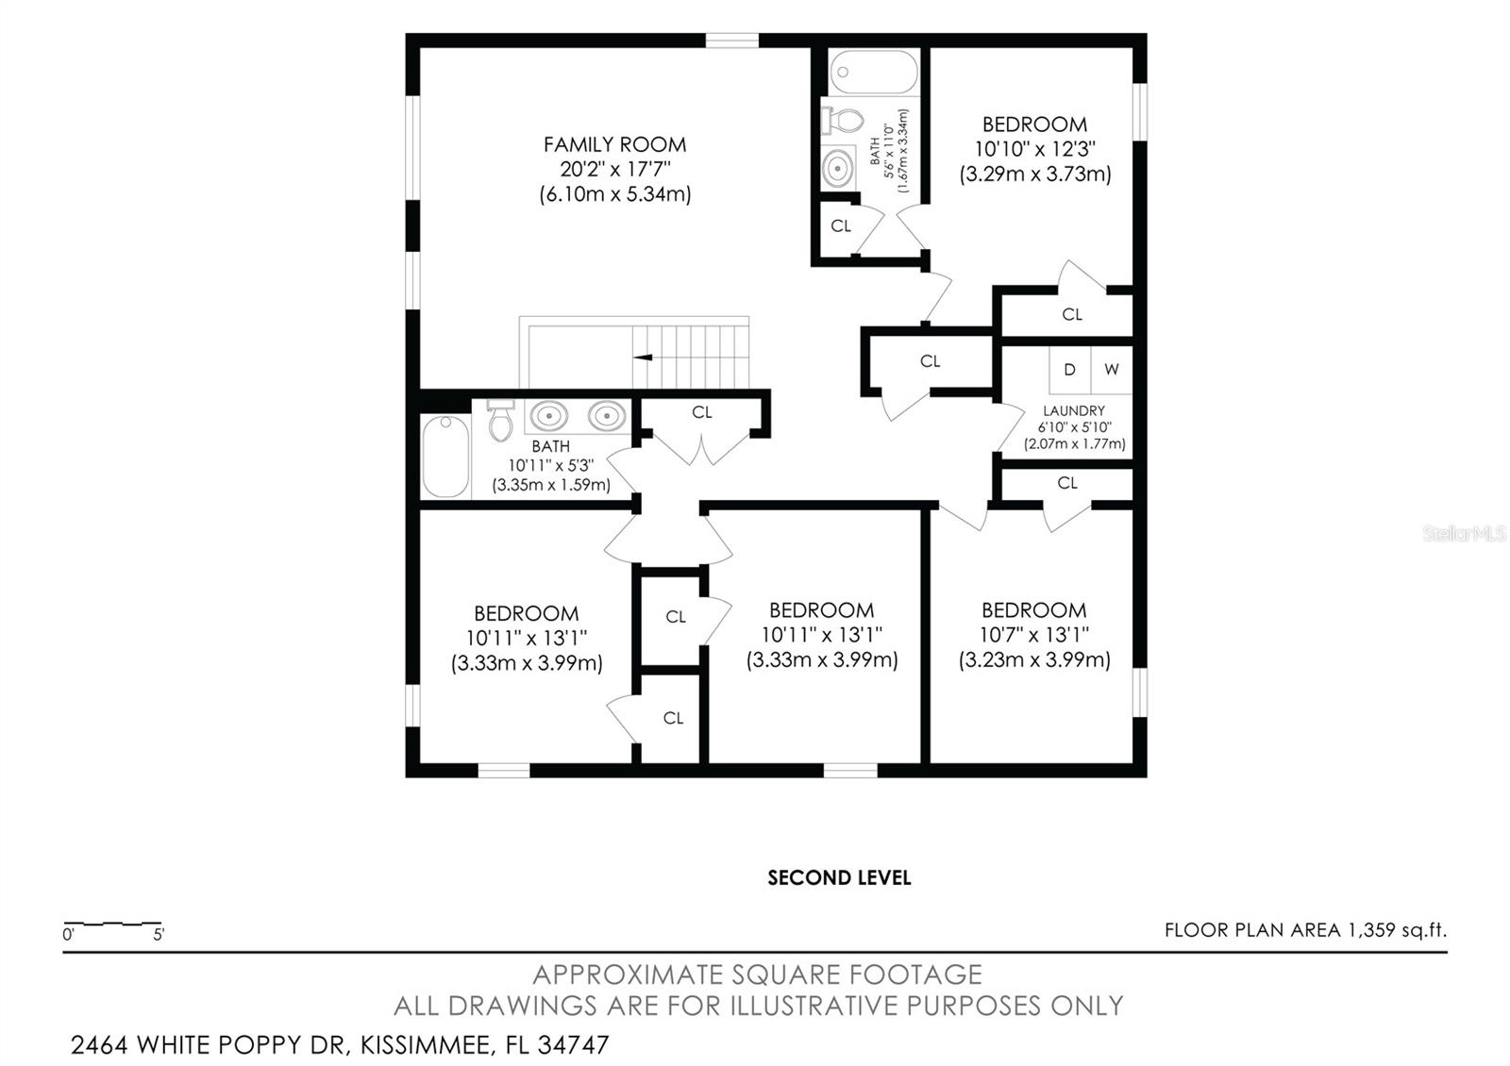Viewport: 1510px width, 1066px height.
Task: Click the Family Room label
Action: pyautogui.click(x=614, y=144)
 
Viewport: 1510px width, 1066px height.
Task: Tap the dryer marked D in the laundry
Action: pyautogui.click(x=1069, y=370)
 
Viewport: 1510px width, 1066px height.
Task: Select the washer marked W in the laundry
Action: pyautogui.click(x=1112, y=370)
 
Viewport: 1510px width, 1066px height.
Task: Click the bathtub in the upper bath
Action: pyautogui.click(x=874, y=73)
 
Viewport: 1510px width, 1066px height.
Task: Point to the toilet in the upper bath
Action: pyautogui.click(x=845, y=120)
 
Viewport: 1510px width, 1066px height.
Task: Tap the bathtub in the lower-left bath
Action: pyautogui.click(x=445, y=458)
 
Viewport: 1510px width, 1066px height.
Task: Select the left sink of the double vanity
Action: pyautogui.click(x=549, y=415)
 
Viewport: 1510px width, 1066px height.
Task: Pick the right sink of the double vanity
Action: pyautogui.click(x=607, y=415)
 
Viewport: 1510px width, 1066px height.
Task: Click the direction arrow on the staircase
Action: pyautogui.click(x=644, y=358)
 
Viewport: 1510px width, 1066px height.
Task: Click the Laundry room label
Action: pyautogui.click(x=1074, y=410)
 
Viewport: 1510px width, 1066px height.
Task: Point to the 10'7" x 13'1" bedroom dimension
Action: pyautogui.click(x=1033, y=635)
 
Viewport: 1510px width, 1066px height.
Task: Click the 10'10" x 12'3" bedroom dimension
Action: pyautogui.click(x=1034, y=149)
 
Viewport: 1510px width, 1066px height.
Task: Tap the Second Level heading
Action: pyautogui.click(x=839, y=878)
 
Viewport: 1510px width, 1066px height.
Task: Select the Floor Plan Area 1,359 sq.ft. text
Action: pyautogui.click(x=1305, y=930)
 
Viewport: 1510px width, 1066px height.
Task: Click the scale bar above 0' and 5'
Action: pyautogui.click(x=111, y=923)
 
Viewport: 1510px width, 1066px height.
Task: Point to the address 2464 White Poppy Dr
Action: pyautogui.click(x=340, y=1045)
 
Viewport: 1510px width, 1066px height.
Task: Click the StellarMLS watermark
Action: pyautogui.click(x=1465, y=534)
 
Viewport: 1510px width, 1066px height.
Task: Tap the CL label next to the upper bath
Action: pyautogui.click(x=841, y=226)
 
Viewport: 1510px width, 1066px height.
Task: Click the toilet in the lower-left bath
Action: pyautogui.click(x=500, y=422)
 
